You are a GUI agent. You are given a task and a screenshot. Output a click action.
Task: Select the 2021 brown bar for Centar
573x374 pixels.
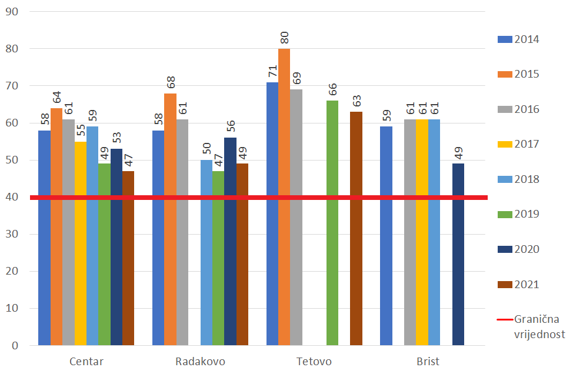[128, 258]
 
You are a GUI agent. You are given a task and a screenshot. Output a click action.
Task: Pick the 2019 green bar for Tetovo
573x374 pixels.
[332, 223]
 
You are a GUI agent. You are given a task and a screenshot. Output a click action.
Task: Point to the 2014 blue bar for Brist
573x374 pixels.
[387, 236]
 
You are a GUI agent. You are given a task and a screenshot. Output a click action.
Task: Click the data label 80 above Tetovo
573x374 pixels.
[285, 38]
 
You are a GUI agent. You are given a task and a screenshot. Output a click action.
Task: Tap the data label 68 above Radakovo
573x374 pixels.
[171, 83]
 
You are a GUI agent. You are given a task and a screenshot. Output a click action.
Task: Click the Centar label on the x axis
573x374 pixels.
[86, 361]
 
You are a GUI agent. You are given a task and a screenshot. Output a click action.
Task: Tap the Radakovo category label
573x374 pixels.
[200, 361]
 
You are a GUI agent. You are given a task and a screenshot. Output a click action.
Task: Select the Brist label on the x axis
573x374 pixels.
[428, 361]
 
